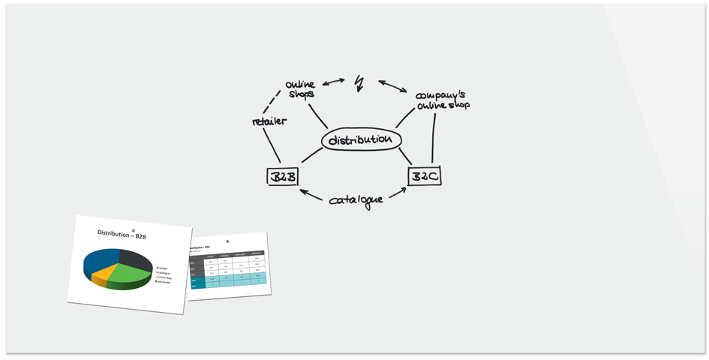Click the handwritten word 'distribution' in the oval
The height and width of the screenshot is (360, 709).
361,140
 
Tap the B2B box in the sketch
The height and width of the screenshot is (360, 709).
282,177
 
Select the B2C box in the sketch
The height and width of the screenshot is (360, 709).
424,176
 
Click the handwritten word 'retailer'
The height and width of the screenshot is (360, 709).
269,121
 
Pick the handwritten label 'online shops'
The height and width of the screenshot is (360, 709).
301,89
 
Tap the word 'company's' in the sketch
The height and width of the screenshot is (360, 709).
440,96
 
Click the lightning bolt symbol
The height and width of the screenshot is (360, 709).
359,82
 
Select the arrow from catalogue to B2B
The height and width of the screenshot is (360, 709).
311,195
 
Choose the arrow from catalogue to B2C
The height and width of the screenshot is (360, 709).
398,193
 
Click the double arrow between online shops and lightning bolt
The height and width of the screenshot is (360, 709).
333,81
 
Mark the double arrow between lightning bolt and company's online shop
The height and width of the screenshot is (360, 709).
392,86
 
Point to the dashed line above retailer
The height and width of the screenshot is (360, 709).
272,102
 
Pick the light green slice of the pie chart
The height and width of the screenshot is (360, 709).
129,276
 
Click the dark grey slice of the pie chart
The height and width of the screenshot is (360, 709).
135,259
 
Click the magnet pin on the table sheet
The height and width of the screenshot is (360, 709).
227,241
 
